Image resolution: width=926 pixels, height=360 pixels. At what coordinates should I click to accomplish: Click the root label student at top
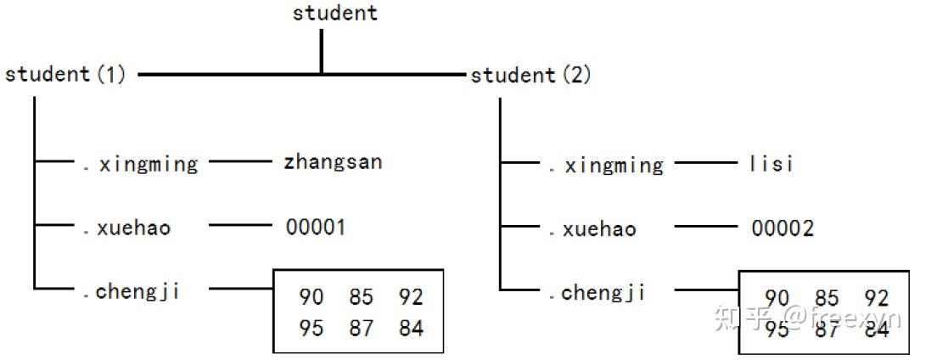pos(335,13)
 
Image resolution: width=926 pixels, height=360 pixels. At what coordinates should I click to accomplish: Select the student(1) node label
pos(65,75)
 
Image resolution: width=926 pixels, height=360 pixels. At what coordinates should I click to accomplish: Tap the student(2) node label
pos(530,76)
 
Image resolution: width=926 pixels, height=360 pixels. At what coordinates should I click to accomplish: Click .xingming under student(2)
pos(605,165)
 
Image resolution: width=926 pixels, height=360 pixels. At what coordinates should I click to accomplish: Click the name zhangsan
pos(333,161)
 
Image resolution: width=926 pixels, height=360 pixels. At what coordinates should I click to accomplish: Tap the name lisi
pos(772,163)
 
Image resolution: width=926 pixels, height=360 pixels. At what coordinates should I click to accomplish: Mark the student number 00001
pos(316,228)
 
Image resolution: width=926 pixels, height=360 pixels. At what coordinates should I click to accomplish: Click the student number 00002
pos(782,228)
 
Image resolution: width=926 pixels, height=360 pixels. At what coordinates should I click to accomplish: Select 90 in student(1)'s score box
pos(311,297)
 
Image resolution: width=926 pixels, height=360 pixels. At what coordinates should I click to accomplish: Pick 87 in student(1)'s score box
pos(361,328)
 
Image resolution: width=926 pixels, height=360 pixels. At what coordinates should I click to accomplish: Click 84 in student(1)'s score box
pos(411,328)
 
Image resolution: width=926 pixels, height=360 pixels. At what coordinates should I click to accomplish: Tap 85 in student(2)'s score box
pos(827,298)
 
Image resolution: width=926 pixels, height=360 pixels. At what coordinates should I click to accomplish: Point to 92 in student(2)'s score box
pos(877,298)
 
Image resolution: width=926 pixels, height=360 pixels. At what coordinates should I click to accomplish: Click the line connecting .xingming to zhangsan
pos(242,160)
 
